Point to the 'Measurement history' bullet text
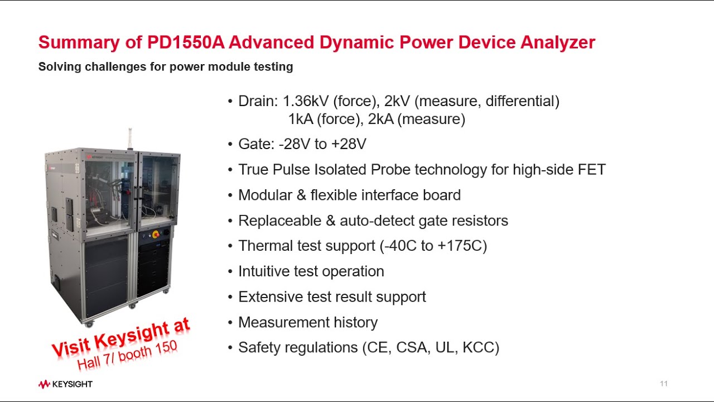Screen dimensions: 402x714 pyautogui.click(x=307, y=322)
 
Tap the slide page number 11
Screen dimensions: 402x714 pyautogui.click(x=663, y=384)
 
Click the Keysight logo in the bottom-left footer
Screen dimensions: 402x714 pyautogui.click(x=65, y=384)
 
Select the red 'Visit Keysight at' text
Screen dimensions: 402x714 pyautogui.click(x=120, y=337)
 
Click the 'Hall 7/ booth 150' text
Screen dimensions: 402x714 pyautogui.click(x=127, y=355)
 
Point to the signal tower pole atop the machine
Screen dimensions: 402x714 pyautogui.click(x=131, y=137)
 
